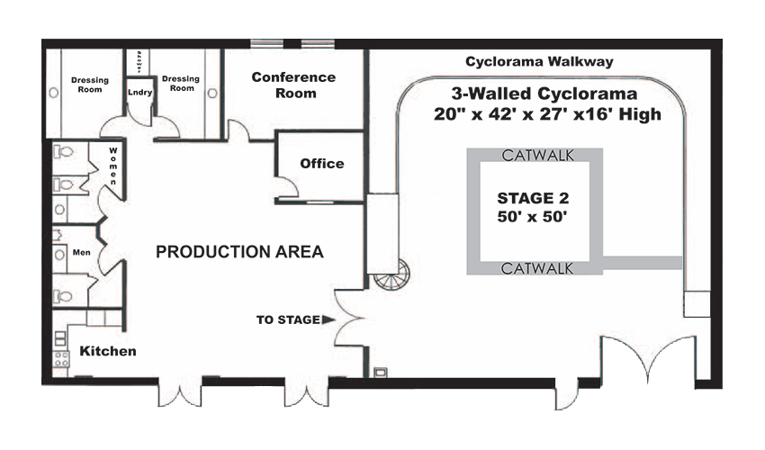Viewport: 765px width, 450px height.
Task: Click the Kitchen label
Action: coord(108,351)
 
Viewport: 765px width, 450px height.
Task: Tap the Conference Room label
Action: coord(293,85)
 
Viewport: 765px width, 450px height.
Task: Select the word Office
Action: coord(322,163)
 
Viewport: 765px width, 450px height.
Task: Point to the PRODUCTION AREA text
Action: coord(239,251)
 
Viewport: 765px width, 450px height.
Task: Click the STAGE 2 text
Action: coord(533,197)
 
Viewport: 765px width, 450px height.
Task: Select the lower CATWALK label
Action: coord(533,267)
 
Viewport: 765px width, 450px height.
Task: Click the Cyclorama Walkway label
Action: coord(539,62)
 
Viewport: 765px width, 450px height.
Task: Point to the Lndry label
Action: coord(139,92)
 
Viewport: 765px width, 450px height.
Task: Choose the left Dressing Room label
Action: coord(90,85)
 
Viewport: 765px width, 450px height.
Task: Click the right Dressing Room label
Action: coord(181,84)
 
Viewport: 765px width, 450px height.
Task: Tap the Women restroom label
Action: coord(113,166)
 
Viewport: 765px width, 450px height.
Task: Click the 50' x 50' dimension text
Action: coord(533,218)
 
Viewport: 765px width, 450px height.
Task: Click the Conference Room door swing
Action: coord(236,132)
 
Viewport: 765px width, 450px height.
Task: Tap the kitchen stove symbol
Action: coord(62,360)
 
